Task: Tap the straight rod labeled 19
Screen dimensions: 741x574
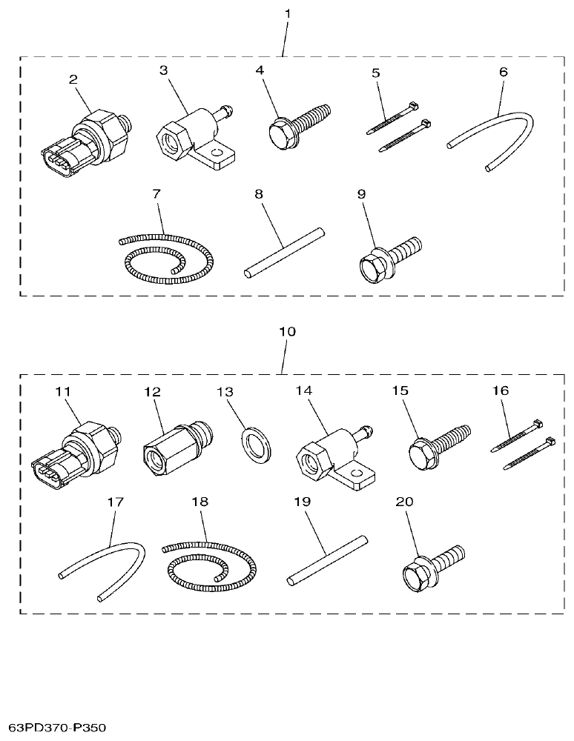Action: click(x=327, y=559)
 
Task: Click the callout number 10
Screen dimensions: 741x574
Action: click(x=287, y=331)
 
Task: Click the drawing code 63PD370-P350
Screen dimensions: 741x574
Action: click(x=58, y=728)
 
